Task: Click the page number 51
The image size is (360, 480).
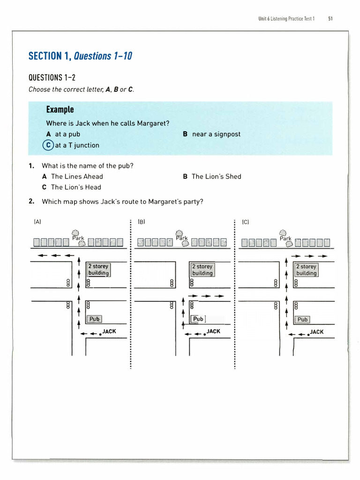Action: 330,19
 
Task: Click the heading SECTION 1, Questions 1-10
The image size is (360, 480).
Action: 80,56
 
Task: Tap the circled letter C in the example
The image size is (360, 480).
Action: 48,145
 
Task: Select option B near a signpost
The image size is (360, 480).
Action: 211,134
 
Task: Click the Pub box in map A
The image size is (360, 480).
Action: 95,319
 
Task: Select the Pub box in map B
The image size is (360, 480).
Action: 198,319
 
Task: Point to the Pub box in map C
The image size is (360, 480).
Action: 302,320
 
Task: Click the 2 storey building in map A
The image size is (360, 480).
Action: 98,270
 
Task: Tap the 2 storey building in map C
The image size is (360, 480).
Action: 306,270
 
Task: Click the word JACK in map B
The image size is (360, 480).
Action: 213,331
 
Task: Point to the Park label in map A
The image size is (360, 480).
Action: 78,238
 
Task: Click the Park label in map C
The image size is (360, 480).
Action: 285,239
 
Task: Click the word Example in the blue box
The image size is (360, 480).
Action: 60,110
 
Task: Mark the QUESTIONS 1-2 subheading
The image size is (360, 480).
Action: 52,77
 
